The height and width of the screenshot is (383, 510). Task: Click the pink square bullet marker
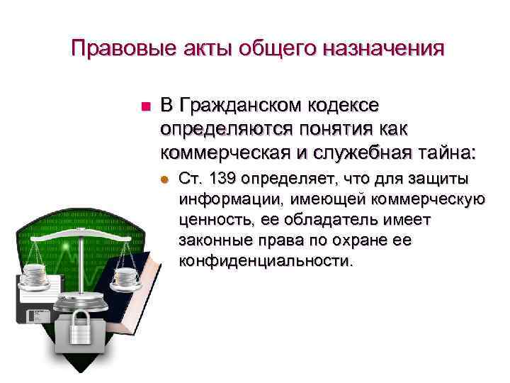point(146,107)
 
